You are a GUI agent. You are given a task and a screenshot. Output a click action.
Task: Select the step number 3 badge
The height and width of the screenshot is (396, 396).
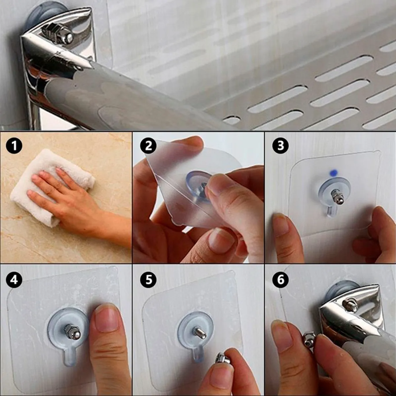tap(280, 146)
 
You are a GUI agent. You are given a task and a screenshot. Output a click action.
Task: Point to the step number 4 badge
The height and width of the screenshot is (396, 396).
tap(14, 280)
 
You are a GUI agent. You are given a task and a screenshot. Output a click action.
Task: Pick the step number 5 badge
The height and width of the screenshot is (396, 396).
tap(148, 280)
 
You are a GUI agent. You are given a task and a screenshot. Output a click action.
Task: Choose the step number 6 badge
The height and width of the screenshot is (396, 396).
tap(280, 280)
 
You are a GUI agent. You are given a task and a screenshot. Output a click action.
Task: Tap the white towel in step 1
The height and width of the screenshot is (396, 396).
tap(51, 185)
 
